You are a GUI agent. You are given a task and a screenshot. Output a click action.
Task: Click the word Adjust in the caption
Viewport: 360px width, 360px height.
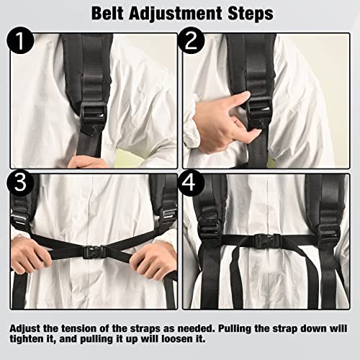29,328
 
